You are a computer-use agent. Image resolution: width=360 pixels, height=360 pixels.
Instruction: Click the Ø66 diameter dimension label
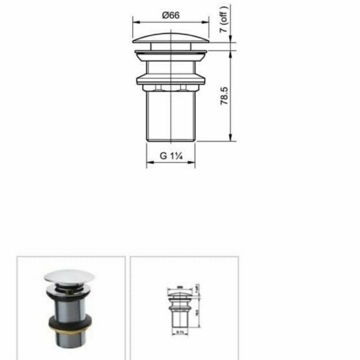tap(171, 15)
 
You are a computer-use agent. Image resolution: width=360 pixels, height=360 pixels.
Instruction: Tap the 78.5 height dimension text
tap(224, 96)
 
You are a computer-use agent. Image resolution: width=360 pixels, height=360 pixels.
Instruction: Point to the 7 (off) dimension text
tap(224, 20)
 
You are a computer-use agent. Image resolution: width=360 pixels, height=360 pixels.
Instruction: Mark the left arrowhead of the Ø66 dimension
tap(135, 22)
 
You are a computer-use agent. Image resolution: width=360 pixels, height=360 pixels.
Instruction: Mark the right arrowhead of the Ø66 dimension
tap(207, 22)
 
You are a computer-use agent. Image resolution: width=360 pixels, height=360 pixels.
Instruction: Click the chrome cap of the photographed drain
tap(69, 277)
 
